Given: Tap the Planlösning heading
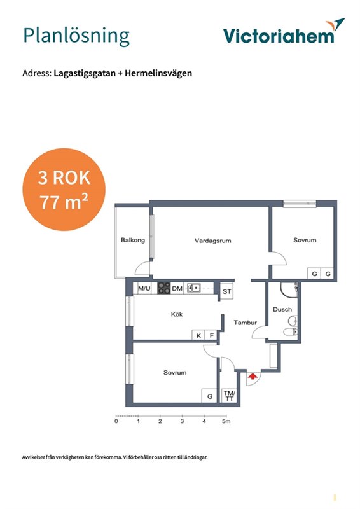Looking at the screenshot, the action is (76, 36).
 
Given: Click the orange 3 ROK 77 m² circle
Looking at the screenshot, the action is (64, 190).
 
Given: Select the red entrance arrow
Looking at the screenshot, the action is (253, 376).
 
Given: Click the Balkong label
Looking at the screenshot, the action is (133, 241).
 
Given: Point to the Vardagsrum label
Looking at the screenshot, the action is (213, 241).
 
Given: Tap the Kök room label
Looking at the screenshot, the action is (177, 314).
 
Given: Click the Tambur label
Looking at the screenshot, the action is (245, 323).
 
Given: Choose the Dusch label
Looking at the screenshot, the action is (282, 309).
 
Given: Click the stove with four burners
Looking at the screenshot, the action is (164, 288).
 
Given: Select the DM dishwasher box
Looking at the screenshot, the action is (177, 288).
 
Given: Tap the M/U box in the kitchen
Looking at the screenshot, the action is (144, 288).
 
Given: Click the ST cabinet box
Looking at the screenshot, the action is (227, 291).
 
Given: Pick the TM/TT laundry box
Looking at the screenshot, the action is (230, 396).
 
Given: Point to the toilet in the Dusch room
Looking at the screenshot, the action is (289, 331).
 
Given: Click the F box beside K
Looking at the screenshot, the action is (211, 336).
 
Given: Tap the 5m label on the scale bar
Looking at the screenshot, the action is (226, 421).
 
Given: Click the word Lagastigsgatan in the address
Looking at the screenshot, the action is (85, 73).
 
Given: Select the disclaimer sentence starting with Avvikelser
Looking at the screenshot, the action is (114, 457).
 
